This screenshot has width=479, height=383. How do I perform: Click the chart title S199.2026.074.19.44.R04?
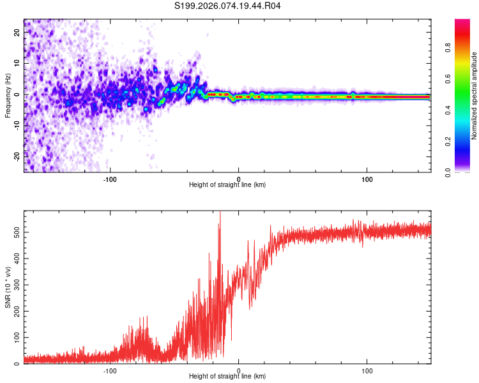pos(228,6)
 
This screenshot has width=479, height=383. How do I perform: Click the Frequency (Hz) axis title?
pos(7,96)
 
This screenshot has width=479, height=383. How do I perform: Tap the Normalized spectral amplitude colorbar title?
pos(474,96)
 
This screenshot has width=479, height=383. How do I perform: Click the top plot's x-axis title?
pos(227,184)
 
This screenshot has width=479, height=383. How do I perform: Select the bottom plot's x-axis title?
pos(227,376)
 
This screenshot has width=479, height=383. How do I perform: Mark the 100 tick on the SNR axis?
pos(15,336)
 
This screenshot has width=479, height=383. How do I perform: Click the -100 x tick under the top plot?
pos(110,178)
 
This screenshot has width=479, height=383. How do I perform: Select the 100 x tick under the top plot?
pos(367,178)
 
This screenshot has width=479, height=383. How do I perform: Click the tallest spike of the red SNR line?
pos(220,213)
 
